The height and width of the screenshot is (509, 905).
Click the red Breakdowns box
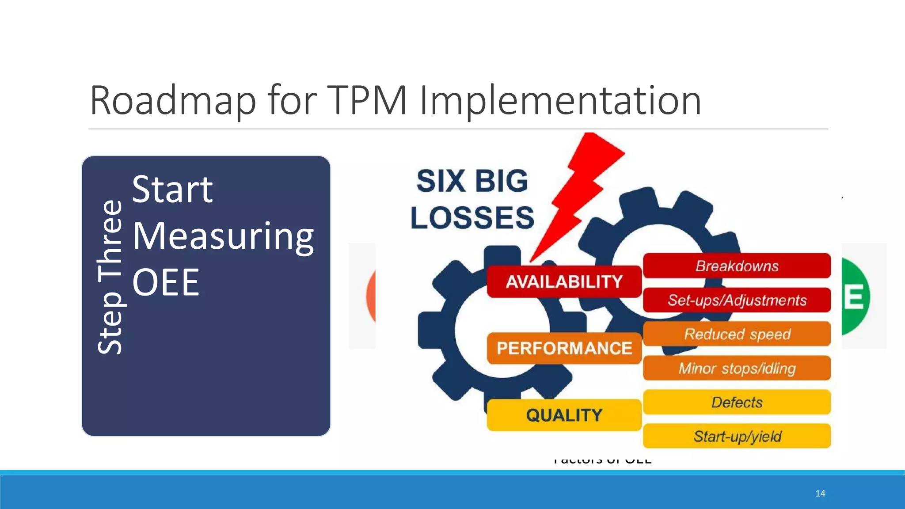pyautogui.click(x=737, y=266)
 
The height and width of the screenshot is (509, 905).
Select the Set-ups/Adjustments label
pyautogui.click(x=737, y=300)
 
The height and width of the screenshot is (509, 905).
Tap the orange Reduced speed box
pyautogui.click(x=737, y=334)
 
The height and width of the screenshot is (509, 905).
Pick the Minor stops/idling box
pyautogui.click(x=737, y=368)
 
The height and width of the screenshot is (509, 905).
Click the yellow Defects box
pyautogui.click(x=737, y=402)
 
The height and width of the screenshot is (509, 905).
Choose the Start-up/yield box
pyautogui.click(x=737, y=437)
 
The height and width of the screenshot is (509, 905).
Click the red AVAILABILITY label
pyautogui.click(x=564, y=282)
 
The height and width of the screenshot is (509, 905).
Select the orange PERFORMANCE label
pyautogui.click(x=564, y=348)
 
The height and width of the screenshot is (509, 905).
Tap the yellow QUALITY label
pyautogui.click(x=564, y=415)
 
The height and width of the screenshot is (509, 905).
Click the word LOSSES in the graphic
pyautogui.click(x=472, y=217)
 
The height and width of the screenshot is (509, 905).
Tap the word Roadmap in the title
pyautogui.click(x=173, y=101)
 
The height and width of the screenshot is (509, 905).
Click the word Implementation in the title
pyautogui.click(x=560, y=101)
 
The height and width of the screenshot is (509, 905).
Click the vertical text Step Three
pyautogui.click(x=109, y=277)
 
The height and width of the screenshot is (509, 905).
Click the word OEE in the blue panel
pyautogui.click(x=166, y=282)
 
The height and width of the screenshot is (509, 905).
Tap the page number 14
pyautogui.click(x=820, y=494)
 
